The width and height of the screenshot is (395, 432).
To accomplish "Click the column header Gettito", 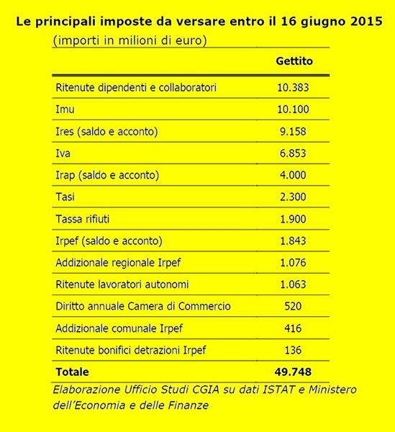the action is coord(294,61).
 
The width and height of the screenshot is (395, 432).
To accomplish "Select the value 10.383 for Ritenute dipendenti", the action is coord(293,88).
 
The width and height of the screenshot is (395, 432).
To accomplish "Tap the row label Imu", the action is coord(65,109).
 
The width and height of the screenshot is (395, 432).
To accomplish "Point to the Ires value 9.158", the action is coord(293,132).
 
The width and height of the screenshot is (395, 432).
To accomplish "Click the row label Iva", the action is coord(63,153).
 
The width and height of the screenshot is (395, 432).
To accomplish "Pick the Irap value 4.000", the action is coord(293,175).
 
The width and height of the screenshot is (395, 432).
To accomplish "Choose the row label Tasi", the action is coord(65,197).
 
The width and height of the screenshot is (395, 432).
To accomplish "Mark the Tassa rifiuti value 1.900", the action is coord(293,219).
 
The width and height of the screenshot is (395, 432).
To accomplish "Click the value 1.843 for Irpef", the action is coord(293,240).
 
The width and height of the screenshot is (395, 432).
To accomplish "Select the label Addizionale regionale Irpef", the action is coord(118,263).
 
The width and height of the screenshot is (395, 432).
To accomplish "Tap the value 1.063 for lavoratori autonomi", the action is coord(293,284).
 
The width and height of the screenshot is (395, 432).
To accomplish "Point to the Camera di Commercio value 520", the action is coord(293,306).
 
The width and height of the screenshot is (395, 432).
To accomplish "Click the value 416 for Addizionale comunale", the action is coord(293,328).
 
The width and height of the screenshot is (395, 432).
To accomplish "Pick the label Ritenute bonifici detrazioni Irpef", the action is coord(131,351).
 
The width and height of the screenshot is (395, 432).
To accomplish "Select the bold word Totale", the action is coord(72,372).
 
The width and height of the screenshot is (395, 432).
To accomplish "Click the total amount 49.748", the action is coord(293,372).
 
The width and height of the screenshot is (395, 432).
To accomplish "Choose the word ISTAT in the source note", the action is coord(278,390).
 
